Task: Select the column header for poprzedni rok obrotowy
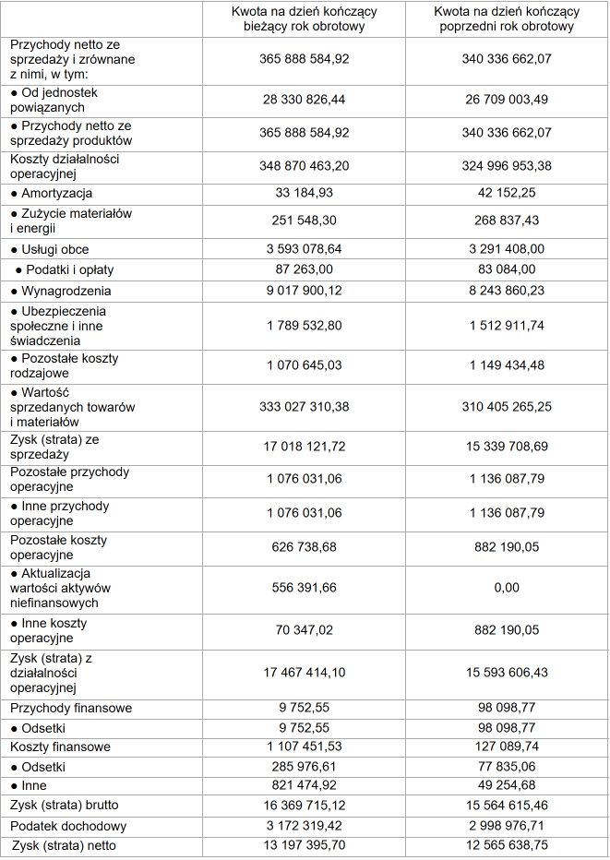pyautogui.click(x=507, y=18)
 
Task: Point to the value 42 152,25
pyautogui.click(x=507, y=193)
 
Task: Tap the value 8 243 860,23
pyautogui.click(x=507, y=290)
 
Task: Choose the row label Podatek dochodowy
pyautogui.click(x=68, y=826)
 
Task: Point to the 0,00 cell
pyautogui.click(x=507, y=587)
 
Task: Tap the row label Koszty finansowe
pyautogui.click(x=61, y=747)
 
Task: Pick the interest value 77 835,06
pyautogui.click(x=507, y=766)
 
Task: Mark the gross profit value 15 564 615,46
pyautogui.click(x=507, y=805)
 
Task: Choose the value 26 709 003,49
pyautogui.click(x=507, y=99)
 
